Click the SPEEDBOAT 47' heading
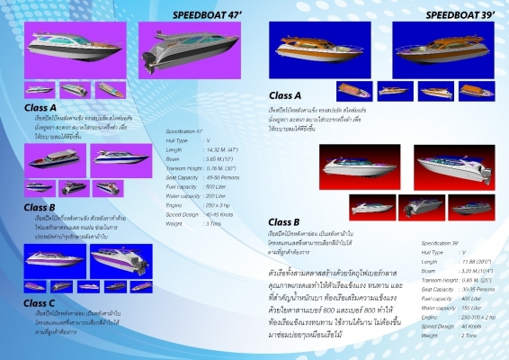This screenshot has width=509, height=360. click(209, 15)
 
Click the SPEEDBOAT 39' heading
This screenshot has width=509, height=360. click(461, 15)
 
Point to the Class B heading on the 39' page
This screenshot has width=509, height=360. click(284, 222)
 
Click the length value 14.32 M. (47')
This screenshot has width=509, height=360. click(222, 150)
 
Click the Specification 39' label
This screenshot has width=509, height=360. click(439, 243)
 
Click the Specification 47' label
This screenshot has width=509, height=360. click(185, 131)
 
